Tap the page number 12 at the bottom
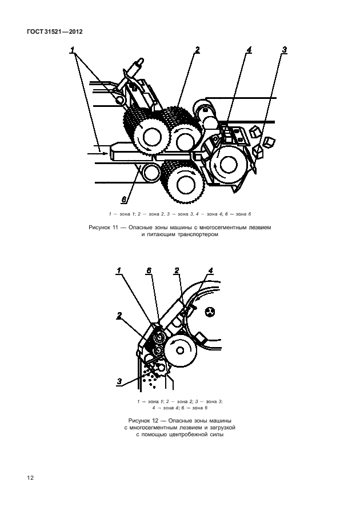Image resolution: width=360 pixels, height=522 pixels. tap(30, 478)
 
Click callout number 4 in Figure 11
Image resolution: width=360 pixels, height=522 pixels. tap(249, 50)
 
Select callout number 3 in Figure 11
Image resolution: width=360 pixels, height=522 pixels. tap(284, 50)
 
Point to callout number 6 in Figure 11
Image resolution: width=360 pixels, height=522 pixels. tap(124, 200)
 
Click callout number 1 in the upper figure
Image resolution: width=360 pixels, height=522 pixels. tap(73, 50)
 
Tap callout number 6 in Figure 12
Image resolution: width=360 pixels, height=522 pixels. tap(149, 270)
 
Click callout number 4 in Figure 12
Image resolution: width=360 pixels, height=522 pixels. tap(210, 270)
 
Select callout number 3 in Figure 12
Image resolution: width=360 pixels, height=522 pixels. tap(119, 381)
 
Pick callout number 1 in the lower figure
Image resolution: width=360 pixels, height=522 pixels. tap(119, 270)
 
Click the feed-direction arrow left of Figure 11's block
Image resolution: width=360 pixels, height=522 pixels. tap(98, 153)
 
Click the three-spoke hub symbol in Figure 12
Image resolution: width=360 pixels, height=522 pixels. tap(210, 312)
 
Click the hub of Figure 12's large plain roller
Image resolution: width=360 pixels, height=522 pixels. tap(181, 350)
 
